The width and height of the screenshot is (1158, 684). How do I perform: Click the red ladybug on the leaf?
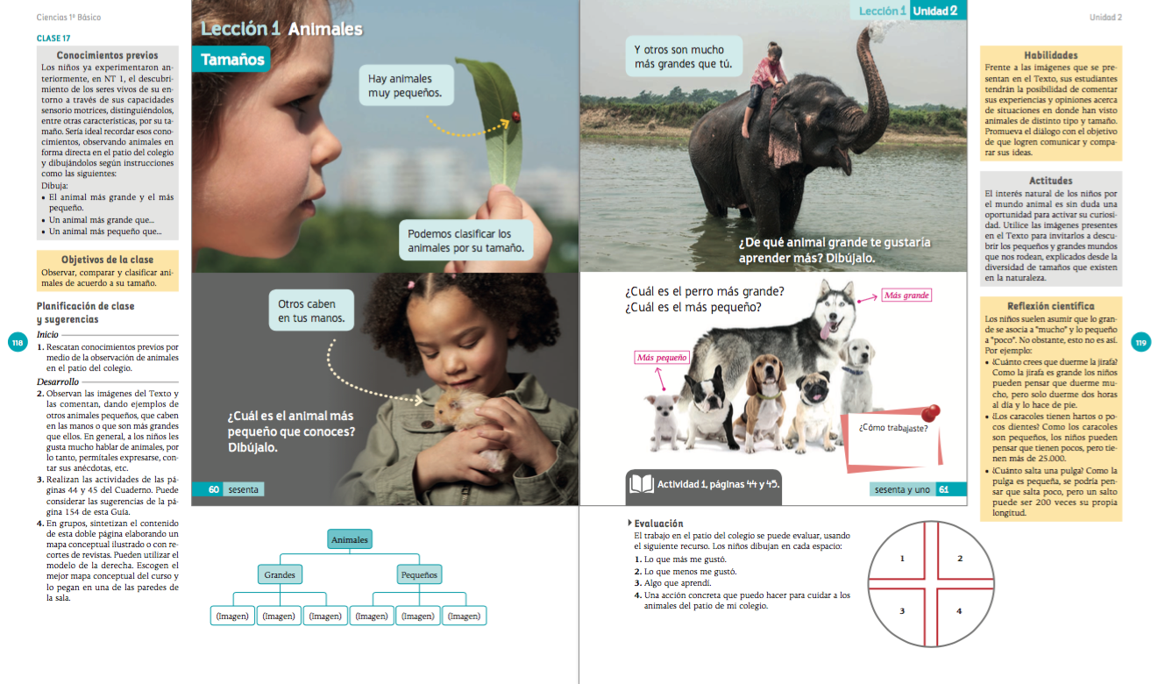515,116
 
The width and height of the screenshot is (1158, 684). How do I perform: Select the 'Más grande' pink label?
906,296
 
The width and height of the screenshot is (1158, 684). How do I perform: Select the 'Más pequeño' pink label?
662,357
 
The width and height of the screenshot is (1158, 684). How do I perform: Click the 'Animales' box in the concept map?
350,539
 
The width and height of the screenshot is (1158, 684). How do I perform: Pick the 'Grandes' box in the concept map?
280,574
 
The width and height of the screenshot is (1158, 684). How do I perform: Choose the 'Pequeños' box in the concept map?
419,574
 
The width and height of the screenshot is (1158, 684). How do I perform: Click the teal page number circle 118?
18,342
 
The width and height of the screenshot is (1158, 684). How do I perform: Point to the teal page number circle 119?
1141,342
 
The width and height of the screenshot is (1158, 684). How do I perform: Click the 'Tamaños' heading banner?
231,60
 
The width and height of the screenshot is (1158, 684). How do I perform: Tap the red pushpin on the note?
930,413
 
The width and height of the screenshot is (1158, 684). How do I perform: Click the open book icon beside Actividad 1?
641,484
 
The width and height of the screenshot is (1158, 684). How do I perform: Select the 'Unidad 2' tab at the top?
938,11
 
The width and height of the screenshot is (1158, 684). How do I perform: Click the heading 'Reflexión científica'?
1050,306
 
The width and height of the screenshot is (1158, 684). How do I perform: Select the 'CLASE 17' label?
53,39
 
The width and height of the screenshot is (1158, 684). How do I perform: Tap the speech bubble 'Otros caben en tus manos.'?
311,310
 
